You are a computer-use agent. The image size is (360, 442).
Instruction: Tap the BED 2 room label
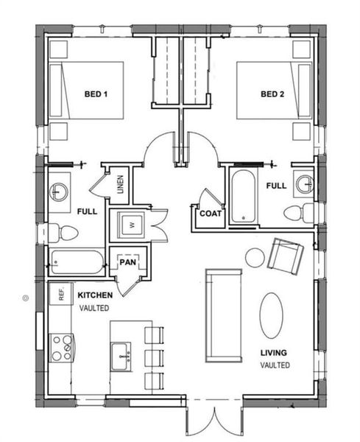click(272, 94)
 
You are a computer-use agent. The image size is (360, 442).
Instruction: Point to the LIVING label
click(274, 353)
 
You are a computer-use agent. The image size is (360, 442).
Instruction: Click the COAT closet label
click(210, 213)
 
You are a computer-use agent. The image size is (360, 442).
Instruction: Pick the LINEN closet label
click(120, 186)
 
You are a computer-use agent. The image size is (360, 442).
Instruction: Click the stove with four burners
click(60, 345)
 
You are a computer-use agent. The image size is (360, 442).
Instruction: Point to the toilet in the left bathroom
click(65, 233)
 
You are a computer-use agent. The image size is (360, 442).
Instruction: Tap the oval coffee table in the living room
click(271, 315)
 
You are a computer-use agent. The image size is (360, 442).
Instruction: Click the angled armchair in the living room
click(286, 255)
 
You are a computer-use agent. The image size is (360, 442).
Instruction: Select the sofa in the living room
click(223, 315)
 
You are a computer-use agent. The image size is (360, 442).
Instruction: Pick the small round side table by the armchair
click(255, 258)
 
